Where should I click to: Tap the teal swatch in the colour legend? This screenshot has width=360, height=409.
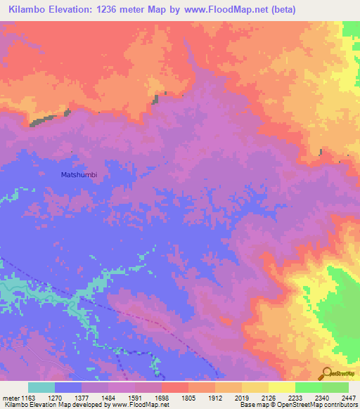(x=41, y=387)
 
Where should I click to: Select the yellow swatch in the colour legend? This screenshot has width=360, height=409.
(x=281, y=387)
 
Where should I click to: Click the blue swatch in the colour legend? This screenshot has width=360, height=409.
(x=68, y=387)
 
